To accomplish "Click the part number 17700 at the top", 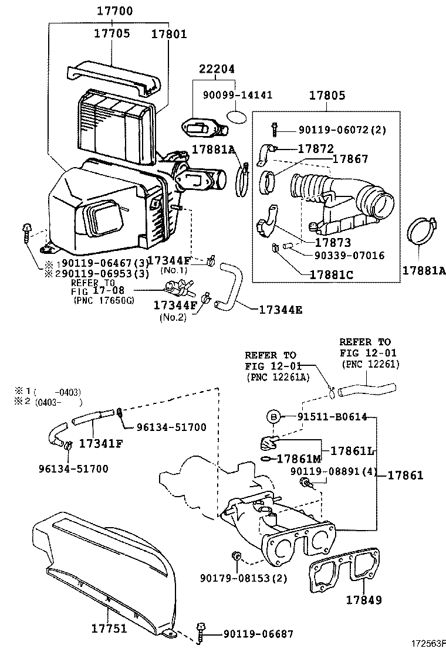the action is (115, 11).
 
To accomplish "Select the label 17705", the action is (112, 33).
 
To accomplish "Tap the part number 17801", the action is (168, 33).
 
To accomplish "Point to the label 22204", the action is (217, 69).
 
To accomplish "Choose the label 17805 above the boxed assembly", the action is (327, 95).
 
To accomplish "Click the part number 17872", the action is (316, 148).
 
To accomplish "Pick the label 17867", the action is (350, 159).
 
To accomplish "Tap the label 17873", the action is (333, 242).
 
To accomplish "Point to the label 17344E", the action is (281, 310).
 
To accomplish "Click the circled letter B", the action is (273, 417).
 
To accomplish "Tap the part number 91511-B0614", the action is (332, 417).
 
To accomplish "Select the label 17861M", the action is (299, 459).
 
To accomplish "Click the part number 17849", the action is (364, 600).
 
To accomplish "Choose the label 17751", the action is (109, 628).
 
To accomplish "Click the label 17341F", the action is (101, 444).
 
